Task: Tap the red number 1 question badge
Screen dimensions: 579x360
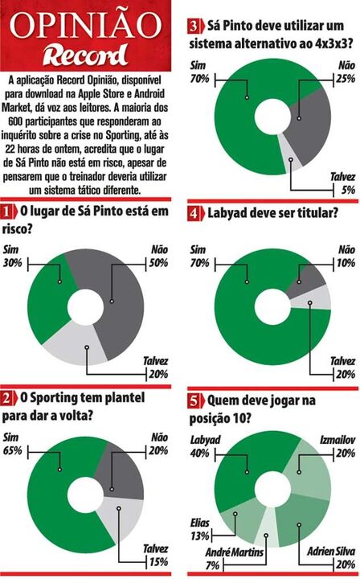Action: (x=9, y=211)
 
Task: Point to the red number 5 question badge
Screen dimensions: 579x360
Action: (x=193, y=399)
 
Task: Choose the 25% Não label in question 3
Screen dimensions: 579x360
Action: (x=346, y=77)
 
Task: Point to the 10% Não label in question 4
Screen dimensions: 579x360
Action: (x=346, y=262)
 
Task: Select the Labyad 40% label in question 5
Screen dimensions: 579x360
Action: (x=205, y=446)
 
